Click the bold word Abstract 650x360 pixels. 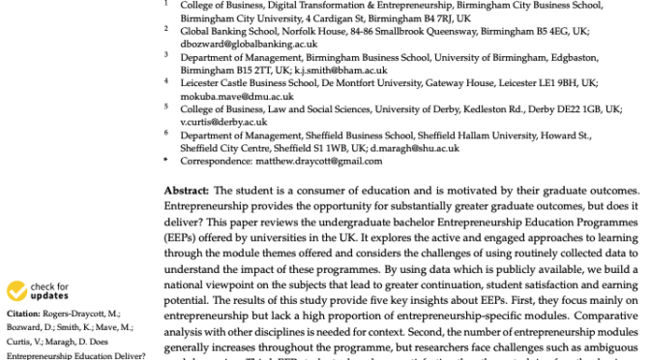tap(185, 192)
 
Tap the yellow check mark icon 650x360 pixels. tap(16, 290)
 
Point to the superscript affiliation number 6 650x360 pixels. tap(165, 134)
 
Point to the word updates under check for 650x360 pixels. tap(49, 296)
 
